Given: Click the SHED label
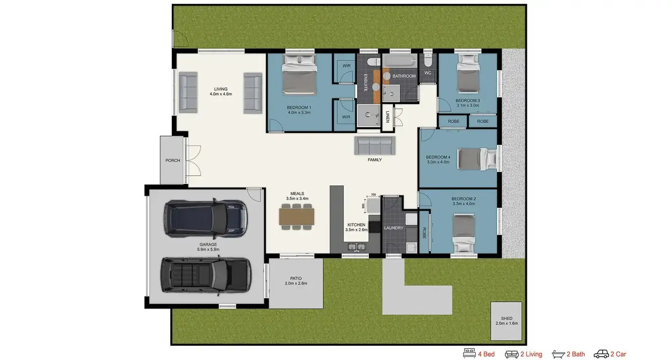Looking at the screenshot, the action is coord(507,318).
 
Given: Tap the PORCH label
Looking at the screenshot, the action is coord(173,160).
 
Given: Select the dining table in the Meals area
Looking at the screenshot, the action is coord(297,217).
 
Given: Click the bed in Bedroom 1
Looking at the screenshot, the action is coord(299,74).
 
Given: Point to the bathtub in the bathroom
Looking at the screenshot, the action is coord(400,61).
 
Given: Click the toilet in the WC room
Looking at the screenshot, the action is coord(428,60).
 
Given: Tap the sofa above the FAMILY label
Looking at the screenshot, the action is coord(375,146).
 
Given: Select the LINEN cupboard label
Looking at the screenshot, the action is coord(388,117).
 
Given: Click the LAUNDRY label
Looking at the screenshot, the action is coord(393,228).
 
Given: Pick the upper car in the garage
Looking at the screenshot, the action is coord(206,219).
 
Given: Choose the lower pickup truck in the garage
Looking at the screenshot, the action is coord(206,276).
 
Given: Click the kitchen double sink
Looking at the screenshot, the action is coord(357,247).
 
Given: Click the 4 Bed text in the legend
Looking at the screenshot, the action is coord(486,354).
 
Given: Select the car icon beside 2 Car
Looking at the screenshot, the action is coord(601,354).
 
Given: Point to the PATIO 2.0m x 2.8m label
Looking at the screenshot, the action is coord(296,281).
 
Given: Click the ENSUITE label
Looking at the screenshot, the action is coord(365,82).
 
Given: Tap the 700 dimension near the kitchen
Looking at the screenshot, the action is coord(373,195).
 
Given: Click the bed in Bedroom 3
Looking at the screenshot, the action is coord(468,73).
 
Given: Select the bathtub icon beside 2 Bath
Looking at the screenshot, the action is coord(558,354).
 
